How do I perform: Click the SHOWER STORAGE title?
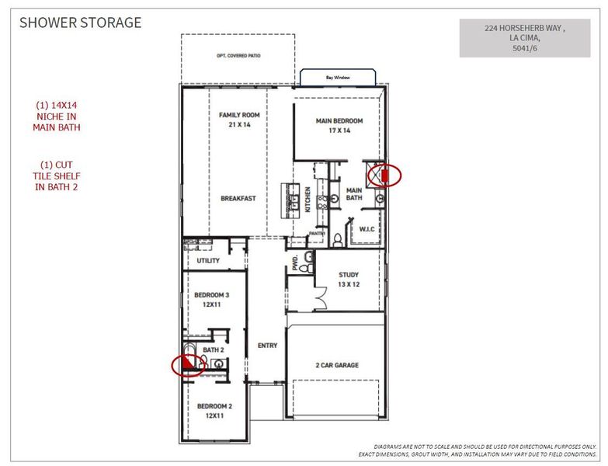click(x=80, y=22)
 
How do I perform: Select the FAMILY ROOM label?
click(x=238, y=120)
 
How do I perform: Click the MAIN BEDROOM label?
click(x=339, y=126)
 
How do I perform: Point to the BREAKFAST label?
click(x=238, y=198)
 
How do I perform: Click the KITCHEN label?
click(x=307, y=200)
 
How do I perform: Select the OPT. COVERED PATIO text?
click(x=238, y=56)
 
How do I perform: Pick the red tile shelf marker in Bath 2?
click(x=187, y=363)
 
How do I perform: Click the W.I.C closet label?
click(x=366, y=228)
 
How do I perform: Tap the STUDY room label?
click(x=348, y=279)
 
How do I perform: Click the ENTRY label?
click(x=266, y=345)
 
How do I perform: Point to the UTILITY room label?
click(x=207, y=261)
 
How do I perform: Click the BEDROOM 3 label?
click(x=211, y=300)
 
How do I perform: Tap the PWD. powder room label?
click(x=296, y=263)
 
